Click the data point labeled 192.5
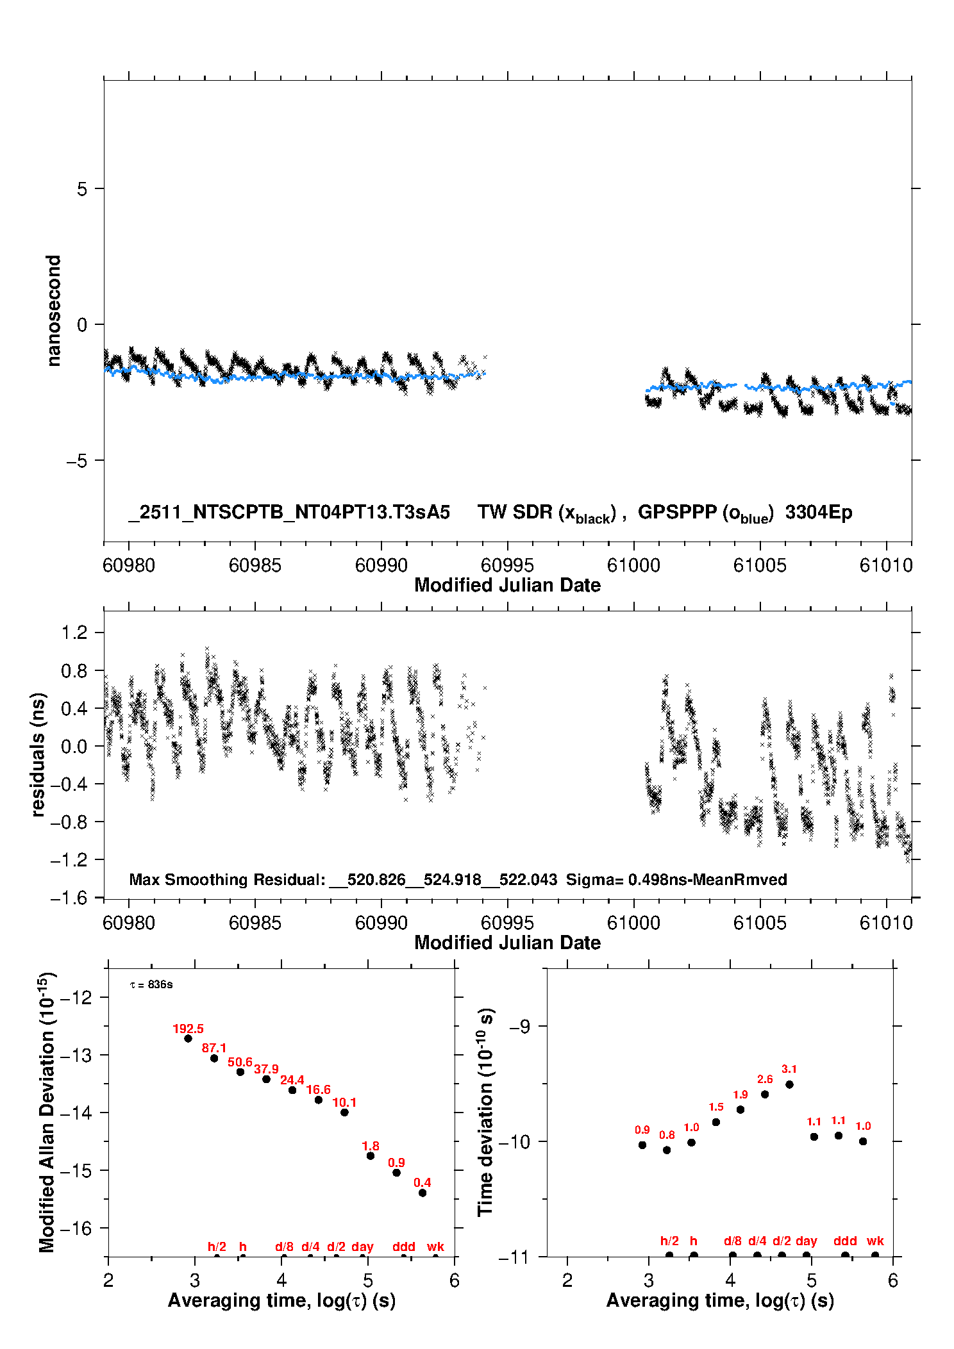[x=188, y=1038]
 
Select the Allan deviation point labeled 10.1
[x=344, y=1112]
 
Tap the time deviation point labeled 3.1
[x=789, y=1084]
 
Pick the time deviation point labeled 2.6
[x=765, y=1094]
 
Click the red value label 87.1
[x=214, y=1048]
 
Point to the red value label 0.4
[x=422, y=1182]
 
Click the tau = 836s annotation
[x=151, y=984]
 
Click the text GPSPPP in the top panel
[x=677, y=512]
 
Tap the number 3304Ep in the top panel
[x=819, y=512]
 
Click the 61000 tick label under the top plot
[x=633, y=565]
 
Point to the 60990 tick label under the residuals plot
[x=381, y=923]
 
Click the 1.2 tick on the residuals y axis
[x=74, y=633]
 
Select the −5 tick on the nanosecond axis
[x=77, y=460]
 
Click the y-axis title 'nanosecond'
[x=53, y=311]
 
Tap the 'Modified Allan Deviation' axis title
[x=47, y=1112]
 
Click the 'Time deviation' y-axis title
[x=485, y=1112]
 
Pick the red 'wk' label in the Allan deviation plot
[x=435, y=1246]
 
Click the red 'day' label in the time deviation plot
[x=806, y=1241]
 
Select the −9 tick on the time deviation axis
[x=519, y=1026]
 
